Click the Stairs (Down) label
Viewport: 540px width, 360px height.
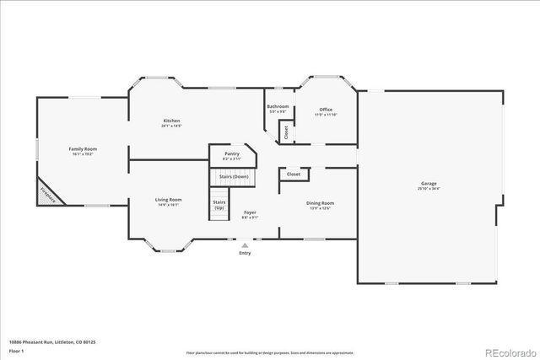click(234, 176)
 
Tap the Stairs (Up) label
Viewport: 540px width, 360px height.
click(219, 205)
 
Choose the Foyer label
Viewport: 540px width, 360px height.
click(250, 214)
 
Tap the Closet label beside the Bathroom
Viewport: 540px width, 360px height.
click(286, 132)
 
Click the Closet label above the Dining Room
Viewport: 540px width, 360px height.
click(294, 174)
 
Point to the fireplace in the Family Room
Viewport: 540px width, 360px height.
click(45, 194)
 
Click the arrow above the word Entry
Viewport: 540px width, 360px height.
click(245, 245)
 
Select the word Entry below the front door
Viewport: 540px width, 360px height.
click(245, 253)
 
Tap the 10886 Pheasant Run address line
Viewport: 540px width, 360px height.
click(51, 341)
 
